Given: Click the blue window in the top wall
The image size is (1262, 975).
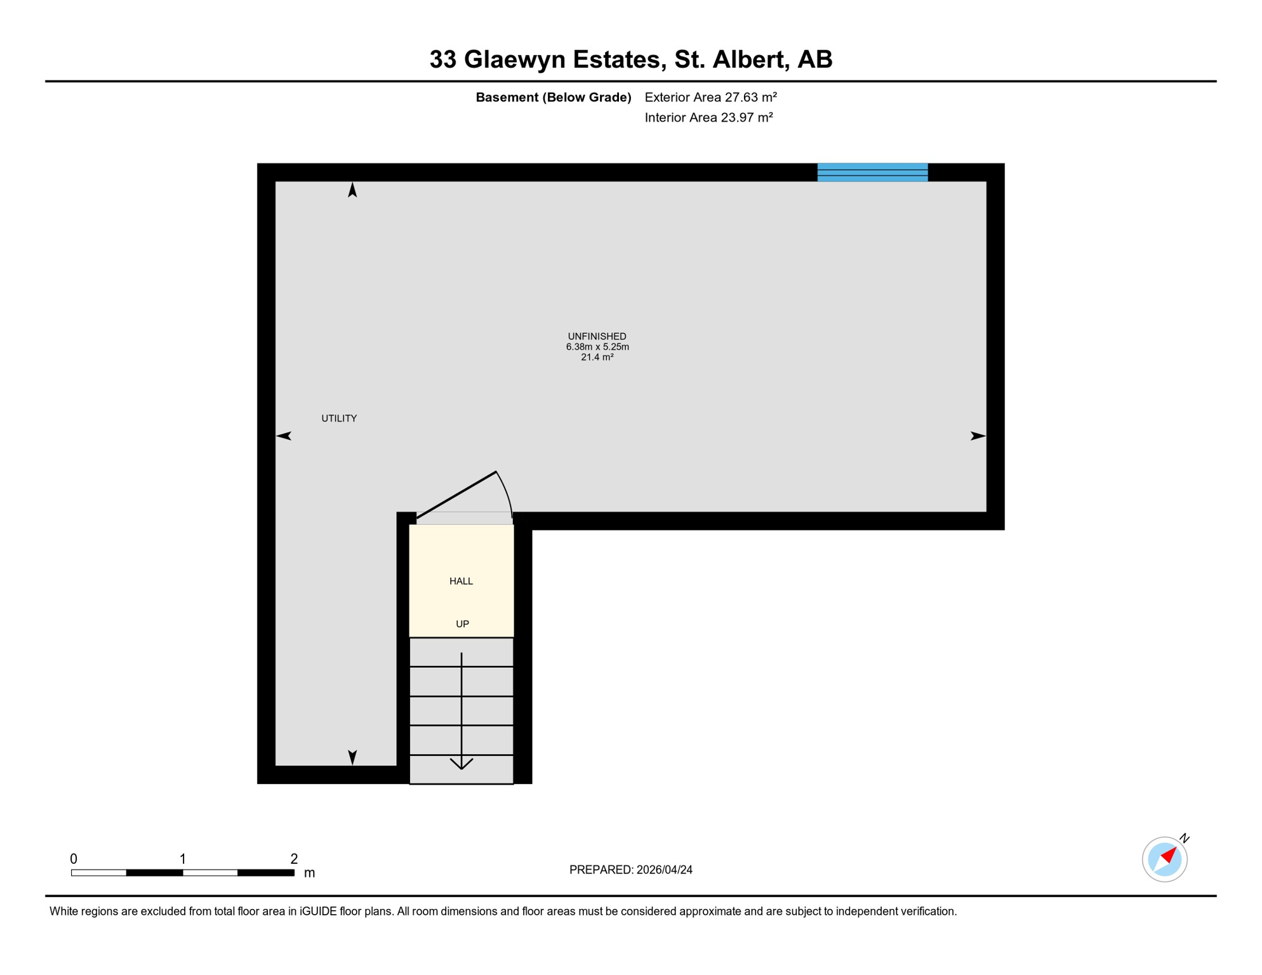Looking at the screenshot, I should coord(872,172).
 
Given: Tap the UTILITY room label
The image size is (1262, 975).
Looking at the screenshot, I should coord(339,418).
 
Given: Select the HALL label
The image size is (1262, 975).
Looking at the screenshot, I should coord(461,581).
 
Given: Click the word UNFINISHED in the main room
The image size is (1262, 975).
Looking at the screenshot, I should coord(597,336).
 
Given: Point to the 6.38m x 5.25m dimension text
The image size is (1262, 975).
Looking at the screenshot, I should coord(597,347).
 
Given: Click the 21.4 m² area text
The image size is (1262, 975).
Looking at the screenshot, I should coord(597,357).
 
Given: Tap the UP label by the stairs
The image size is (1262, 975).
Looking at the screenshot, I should coord(462,624).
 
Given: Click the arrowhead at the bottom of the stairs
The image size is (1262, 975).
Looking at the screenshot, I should coord(462,764).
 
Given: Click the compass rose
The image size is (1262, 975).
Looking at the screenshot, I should coord(1164,859).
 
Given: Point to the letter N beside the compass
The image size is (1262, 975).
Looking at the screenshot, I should coord(1184,839).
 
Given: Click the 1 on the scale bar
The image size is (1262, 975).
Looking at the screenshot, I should coord(183,859).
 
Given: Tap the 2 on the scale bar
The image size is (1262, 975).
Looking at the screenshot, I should coord(294,859).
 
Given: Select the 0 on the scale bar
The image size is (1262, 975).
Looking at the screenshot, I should coord(74,859).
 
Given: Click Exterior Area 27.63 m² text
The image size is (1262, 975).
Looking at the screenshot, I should coord(710,97).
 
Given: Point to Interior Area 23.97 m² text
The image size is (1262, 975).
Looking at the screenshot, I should coord(708,117).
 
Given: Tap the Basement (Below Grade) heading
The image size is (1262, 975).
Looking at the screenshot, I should coord(553,97).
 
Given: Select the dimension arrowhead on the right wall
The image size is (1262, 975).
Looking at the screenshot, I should coord(978,435).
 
